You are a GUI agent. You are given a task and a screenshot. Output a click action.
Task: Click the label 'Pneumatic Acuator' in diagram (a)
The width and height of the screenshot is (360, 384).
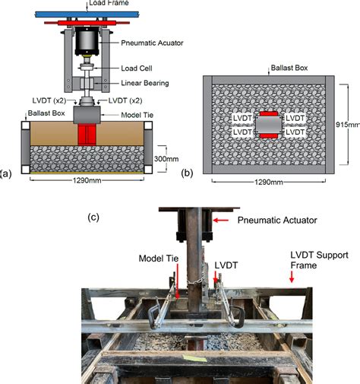pos(152,43)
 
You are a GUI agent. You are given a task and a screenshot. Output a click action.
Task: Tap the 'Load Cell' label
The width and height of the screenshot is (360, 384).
pos(137,68)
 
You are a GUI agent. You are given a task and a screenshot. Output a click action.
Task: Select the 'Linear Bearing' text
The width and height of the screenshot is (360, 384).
pos(145,83)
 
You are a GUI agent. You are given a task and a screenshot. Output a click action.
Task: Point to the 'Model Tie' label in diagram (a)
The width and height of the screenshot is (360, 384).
pos(137,115)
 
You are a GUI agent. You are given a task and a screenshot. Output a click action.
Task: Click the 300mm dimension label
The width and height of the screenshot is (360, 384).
pos(166,159)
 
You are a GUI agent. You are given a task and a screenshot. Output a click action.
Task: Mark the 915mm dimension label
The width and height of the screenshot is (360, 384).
pos(348,125)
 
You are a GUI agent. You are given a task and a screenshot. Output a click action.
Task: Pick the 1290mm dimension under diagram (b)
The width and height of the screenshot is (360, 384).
pos(269,182)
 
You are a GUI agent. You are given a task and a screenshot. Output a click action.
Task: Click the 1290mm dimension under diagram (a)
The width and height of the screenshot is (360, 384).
pos(87,180)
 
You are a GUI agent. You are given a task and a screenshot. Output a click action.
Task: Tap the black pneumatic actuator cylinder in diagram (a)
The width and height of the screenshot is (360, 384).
pos(87,41)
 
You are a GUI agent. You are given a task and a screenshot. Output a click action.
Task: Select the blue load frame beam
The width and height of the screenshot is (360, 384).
pos(87,14)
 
